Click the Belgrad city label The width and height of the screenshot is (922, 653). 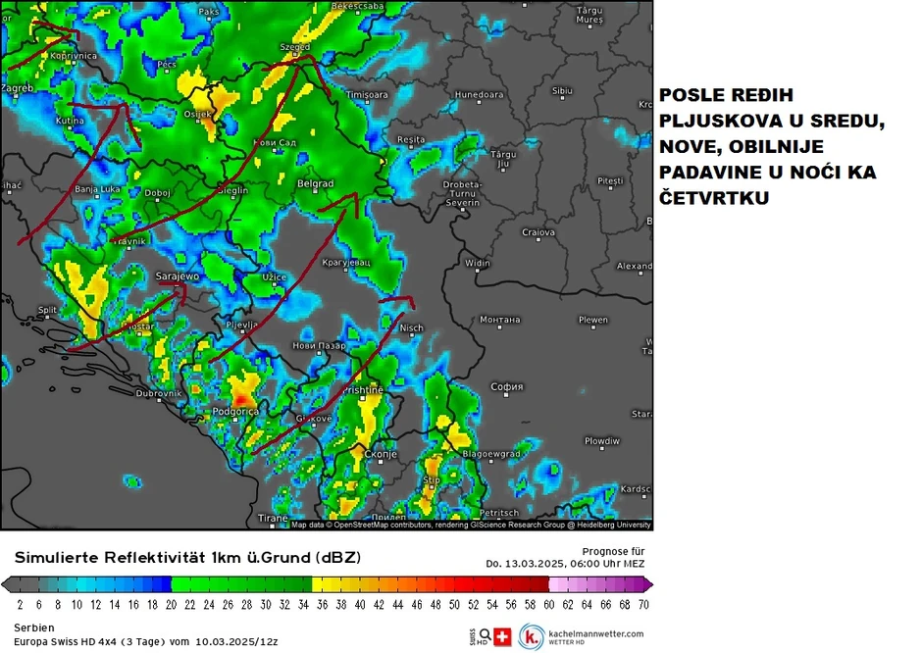click(x=315, y=183)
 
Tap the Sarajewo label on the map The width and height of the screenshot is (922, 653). click(x=178, y=276)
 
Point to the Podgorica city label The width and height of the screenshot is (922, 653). click(x=235, y=412)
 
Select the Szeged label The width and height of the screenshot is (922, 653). click(x=294, y=46)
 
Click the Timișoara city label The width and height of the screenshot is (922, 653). click(x=368, y=94)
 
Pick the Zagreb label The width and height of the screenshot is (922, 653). click(x=19, y=88)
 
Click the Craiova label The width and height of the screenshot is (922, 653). click(x=538, y=232)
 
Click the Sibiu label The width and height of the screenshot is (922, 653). click(x=562, y=90)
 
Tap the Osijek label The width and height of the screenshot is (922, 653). click(x=197, y=114)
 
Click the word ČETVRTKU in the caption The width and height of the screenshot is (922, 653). click(x=713, y=198)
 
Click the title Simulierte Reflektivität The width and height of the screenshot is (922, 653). click(x=105, y=557)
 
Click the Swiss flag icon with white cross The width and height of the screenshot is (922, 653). click(x=505, y=635)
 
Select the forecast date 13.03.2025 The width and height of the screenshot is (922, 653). click(x=537, y=564)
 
